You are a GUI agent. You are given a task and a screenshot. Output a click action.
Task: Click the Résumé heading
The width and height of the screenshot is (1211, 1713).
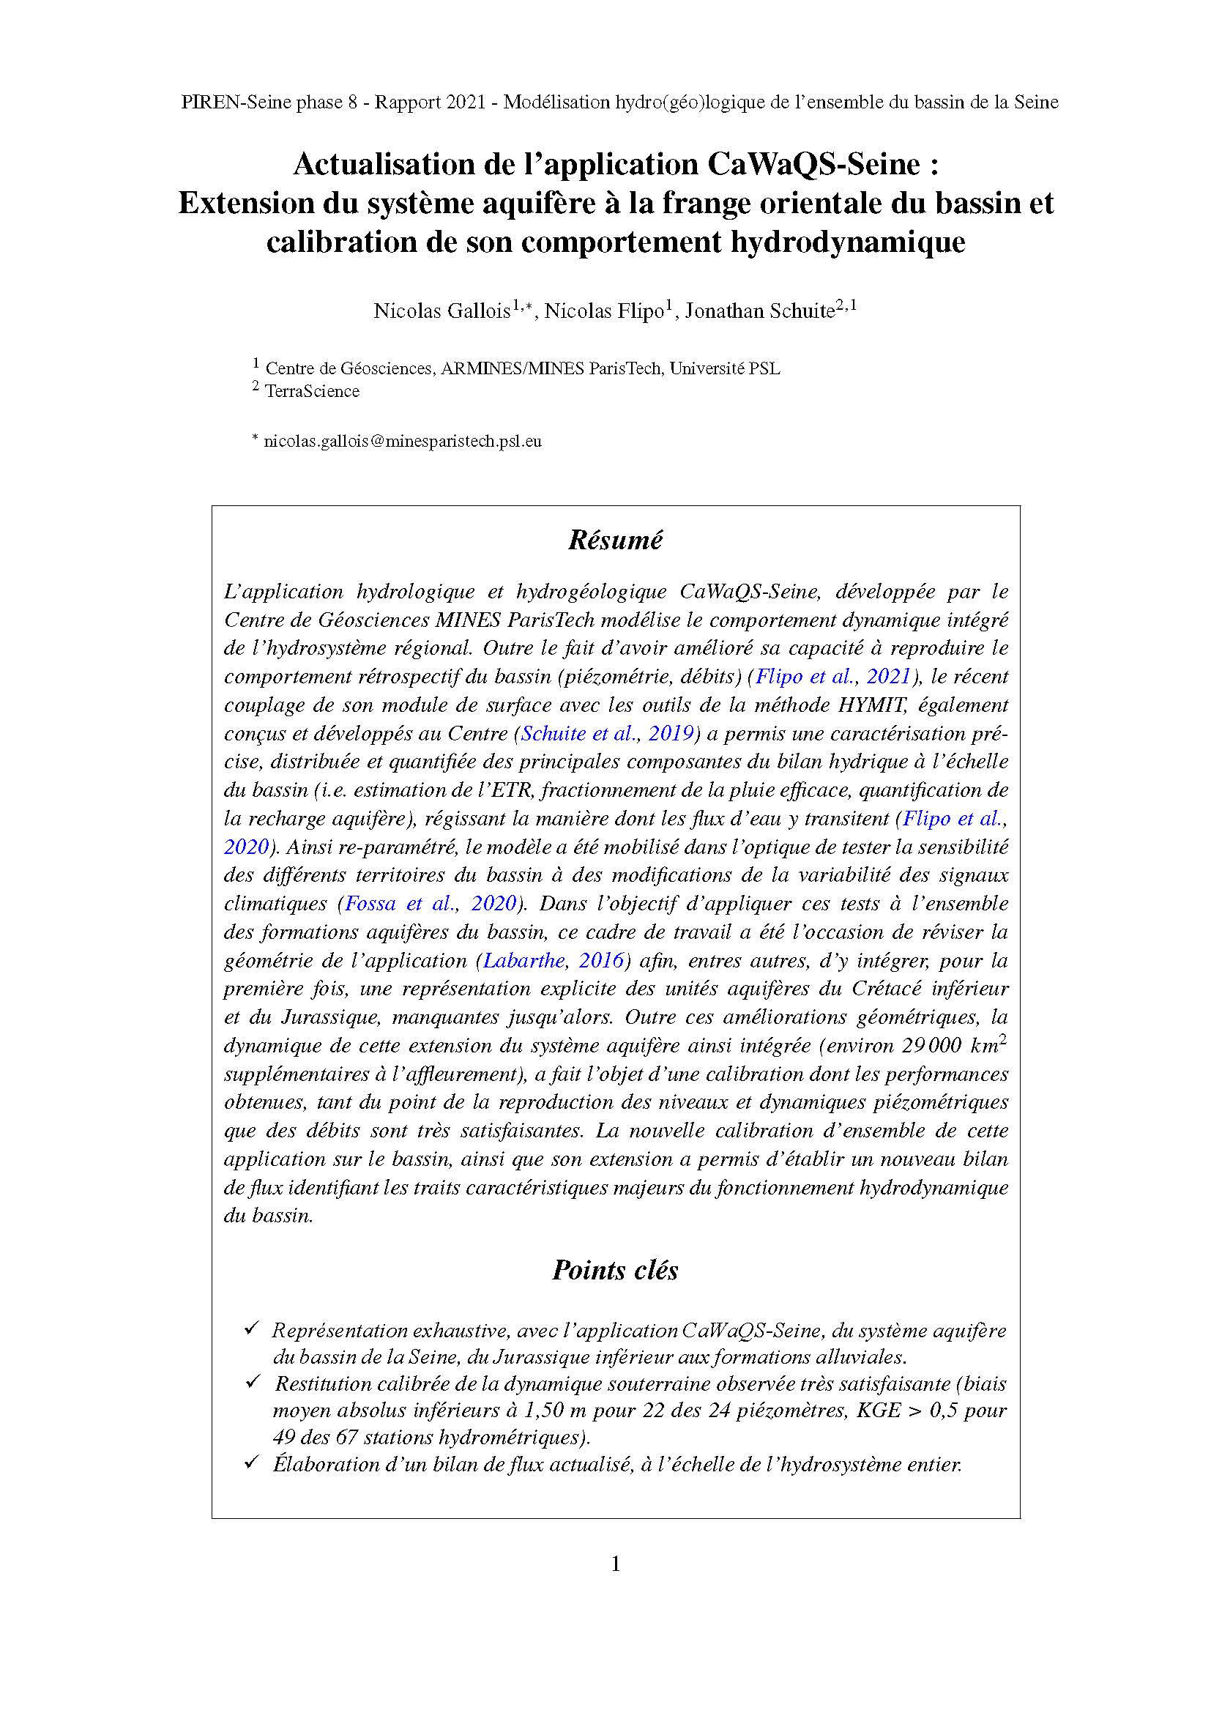(614, 540)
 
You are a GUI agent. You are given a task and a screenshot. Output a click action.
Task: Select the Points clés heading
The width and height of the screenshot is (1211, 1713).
(614, 1270)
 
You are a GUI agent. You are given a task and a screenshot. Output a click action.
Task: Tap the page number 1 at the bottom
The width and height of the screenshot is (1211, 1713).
(615, 1564)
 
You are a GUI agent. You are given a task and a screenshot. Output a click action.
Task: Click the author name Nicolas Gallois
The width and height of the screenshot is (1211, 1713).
(441, 311)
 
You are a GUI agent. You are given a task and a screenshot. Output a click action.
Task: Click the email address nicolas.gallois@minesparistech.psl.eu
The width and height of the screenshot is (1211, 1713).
(403, 441)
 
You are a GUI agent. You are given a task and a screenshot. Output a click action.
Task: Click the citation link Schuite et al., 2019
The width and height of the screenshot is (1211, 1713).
(608, 733)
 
